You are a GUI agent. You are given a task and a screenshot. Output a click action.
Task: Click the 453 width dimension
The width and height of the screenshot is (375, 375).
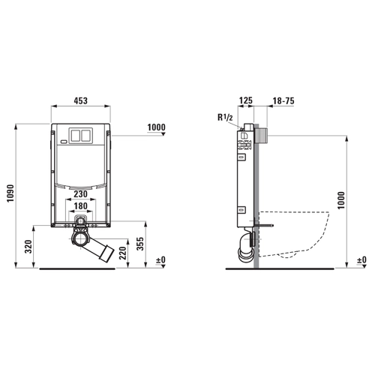[81, 100]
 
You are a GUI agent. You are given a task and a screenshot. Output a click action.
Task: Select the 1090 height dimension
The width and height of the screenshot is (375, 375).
[10, 193]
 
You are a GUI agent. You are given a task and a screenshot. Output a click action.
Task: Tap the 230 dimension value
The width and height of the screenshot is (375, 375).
[80, 194]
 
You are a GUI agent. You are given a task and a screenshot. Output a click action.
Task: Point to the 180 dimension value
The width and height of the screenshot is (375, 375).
[80, 206]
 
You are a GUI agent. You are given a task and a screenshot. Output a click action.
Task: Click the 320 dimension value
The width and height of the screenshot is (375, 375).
[28, 247]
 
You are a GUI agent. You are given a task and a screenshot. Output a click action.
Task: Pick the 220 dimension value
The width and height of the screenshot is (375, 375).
[123, 253]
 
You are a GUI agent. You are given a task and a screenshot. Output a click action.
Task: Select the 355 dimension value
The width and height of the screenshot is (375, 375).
[140, 244]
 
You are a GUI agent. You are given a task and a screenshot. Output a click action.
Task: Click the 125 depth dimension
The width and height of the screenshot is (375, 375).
[246, 100]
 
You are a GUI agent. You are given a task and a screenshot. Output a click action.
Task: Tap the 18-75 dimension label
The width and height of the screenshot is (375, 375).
[283, 100]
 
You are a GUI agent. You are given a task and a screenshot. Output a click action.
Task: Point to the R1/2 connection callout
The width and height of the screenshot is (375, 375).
[225, 117]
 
